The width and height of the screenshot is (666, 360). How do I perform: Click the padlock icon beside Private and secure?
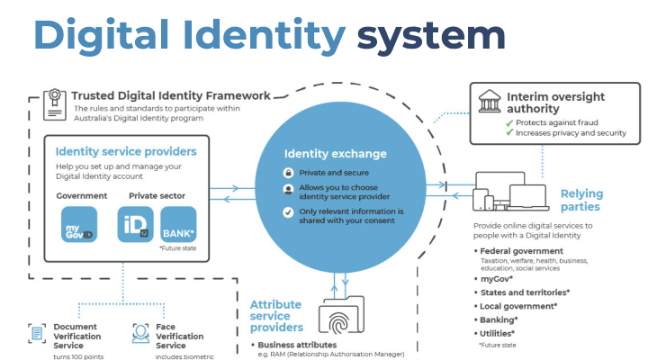(x=288, y=172)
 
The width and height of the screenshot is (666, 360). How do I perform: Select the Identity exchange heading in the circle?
(x=335, y=153)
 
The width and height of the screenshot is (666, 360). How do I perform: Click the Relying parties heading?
(x=581, y=201)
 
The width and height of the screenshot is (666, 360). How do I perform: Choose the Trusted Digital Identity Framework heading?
(x=170, y=94)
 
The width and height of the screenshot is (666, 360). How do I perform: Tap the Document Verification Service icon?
(x=37, y=333)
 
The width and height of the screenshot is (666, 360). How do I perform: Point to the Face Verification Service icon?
(x=140, y=333)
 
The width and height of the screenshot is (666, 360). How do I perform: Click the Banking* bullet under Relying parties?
(x=500, y=319)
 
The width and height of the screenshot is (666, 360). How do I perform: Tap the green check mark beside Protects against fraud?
(x=509, y=122)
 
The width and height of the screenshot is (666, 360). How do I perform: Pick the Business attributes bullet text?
(x=297, y=345)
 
